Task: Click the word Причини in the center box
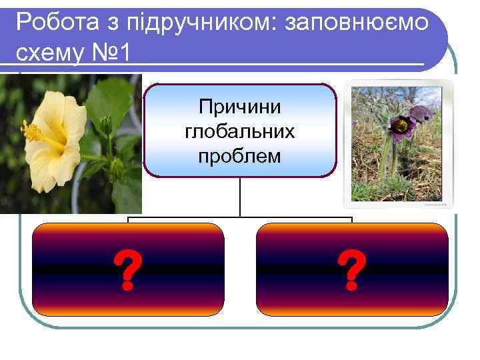tap(240, 106)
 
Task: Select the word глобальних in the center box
tap(240, 131)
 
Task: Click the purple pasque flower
tap(403, 123)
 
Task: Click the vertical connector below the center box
tap(240, 197)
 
